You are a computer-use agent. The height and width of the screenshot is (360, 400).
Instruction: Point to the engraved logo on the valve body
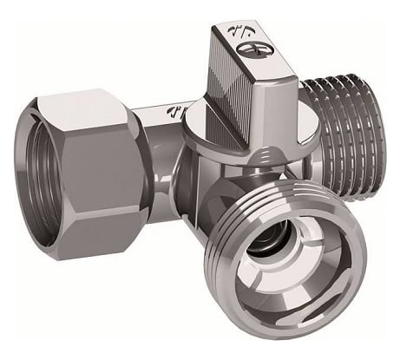coord(174,110)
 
